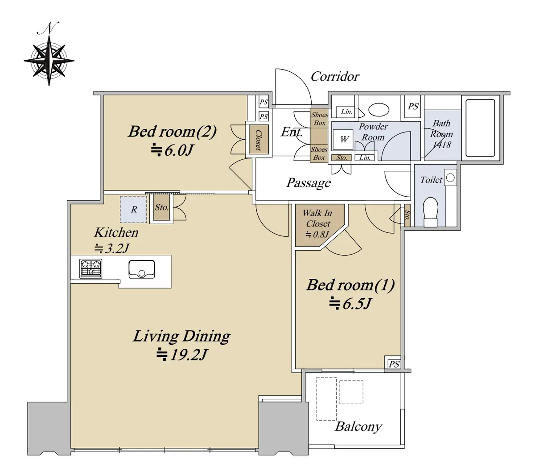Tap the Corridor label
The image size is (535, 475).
tap(335, 77)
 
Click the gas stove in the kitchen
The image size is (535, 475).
tap(91, 268)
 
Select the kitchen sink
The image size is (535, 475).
tap(141, 269)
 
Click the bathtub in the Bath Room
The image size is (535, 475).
tap(480, 128)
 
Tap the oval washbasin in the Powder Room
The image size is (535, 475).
tap(379, 109)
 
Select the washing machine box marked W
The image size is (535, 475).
tap(343, 139)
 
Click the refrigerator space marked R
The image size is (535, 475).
tap(133, 209)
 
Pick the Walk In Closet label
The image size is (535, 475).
tap(318, 218)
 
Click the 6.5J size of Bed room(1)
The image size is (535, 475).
tap(350, 303)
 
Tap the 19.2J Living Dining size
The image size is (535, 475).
tap(181, 355)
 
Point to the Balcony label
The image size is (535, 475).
tap(358, 426)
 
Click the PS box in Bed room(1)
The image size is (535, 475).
tap(394, 364)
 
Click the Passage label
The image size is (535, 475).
tap(309, 183)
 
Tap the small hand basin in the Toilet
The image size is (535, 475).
tap(450, 178)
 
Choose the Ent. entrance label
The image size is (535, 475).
tap(292, 132)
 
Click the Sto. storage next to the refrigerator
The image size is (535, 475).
tap(161, 207)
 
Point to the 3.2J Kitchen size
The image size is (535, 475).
tap(112, 248)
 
